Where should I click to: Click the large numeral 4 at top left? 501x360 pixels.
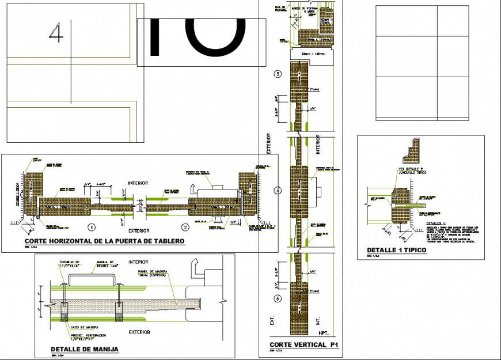pos(56,33)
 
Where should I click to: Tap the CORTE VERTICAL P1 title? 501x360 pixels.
pos(303,345)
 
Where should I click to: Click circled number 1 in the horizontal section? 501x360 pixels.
pos(91,226)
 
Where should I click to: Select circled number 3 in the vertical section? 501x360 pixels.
pos(279,74)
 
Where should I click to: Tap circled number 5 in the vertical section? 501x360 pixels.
pos(279,298)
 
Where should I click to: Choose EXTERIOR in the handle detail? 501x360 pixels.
pos(139,332)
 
